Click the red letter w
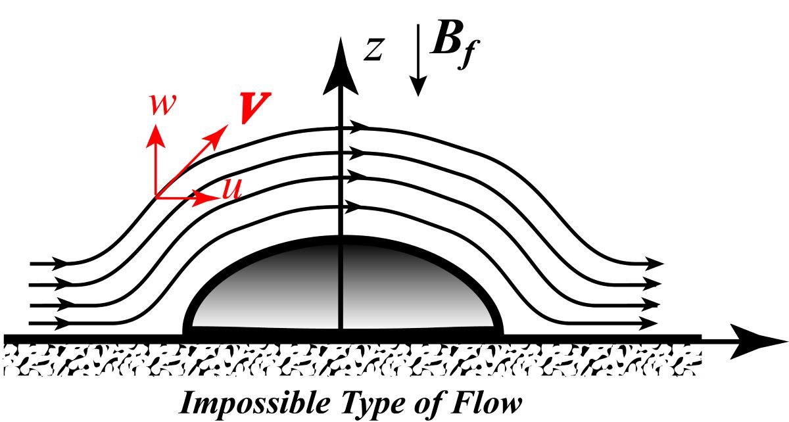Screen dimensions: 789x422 [162, 104]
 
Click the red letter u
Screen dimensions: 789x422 [231, 189]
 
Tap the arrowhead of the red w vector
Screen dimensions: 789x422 [156, 133]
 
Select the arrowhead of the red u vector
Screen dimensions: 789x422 [212, 196]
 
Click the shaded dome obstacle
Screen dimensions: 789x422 [342, 289]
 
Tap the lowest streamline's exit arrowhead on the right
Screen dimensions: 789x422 [650, 323]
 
